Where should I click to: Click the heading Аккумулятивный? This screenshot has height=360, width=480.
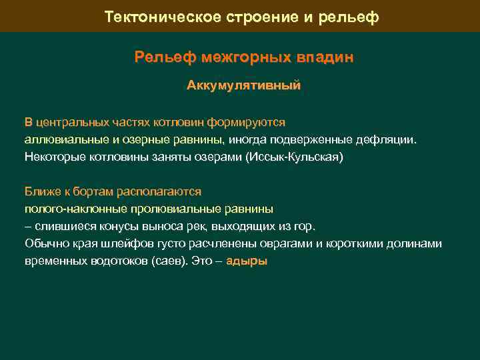(243, 86)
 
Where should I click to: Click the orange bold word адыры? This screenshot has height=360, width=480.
(247, 261)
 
